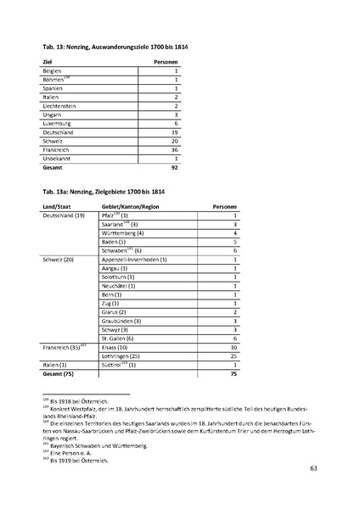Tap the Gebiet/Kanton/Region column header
tap(130, 207)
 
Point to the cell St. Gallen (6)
tap(120, 338)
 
